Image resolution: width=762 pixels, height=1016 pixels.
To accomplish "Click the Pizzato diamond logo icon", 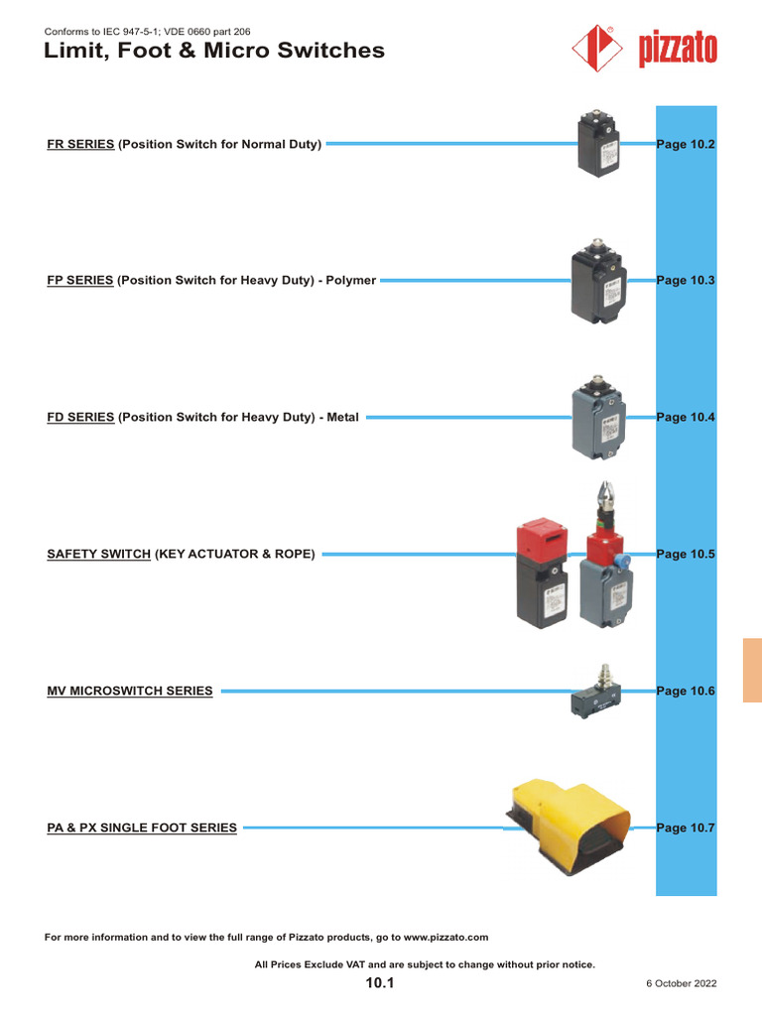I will [x=599, y=49].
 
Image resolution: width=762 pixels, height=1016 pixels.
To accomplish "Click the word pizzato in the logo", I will [x=678, y=51].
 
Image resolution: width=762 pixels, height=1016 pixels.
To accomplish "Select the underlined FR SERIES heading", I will [x=81, y=145].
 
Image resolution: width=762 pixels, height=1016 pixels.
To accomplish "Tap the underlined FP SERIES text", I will [x=80, y=281].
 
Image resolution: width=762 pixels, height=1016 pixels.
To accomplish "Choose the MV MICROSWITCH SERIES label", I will [x=130, y=691].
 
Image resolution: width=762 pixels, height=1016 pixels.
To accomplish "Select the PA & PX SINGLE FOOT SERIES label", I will [x=142, y=827].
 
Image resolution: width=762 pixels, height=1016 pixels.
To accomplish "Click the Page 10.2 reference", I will [x=686, y=145].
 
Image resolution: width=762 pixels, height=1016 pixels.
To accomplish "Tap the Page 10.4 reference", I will [x=686, y=418].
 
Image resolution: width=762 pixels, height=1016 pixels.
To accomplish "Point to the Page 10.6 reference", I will [x=686, y=691].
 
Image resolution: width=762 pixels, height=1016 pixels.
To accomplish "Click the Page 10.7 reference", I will [x=686, y=827].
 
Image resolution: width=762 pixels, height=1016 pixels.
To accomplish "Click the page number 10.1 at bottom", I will [x=380, y=983].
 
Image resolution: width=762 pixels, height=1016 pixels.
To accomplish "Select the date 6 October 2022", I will [x=681, y=984].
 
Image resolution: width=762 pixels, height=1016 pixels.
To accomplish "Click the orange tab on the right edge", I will [x=751, y=671].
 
